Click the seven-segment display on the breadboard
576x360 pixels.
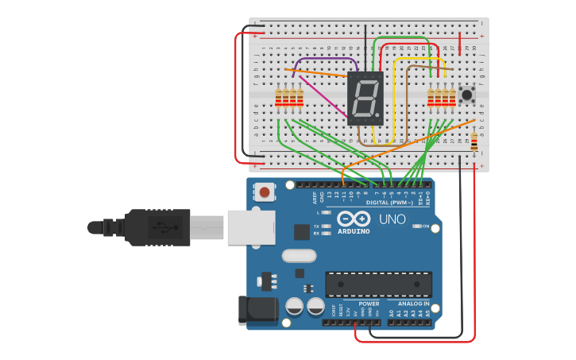tap(365, 99)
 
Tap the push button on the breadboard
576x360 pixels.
tap(467, 95)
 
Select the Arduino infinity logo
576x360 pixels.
tap(353, 219)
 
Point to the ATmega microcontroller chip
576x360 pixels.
tap(378, 284)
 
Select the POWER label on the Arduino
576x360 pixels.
tap(369, 304)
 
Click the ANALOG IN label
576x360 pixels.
tap(413, 304)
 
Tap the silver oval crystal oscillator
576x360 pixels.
tap(299, 256)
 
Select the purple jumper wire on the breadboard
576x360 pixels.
tap(326, 59)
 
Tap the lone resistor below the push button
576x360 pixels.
tap(474, 142)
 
